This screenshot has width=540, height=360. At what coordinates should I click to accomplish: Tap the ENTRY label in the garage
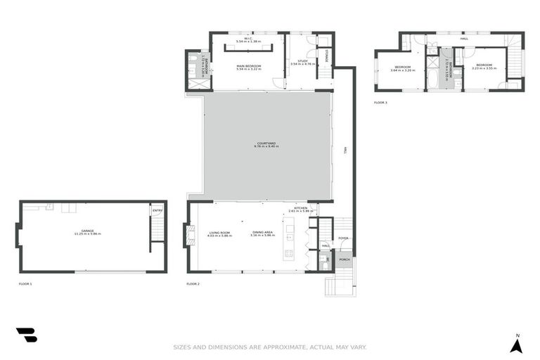point(157,210)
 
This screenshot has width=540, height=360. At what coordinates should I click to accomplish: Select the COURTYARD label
point(266,146)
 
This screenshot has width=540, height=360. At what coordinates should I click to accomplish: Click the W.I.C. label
point(248,40)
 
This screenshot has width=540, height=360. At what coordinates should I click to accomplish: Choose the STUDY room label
point(302,62)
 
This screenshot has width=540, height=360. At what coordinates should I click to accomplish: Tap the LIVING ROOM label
point(219,233)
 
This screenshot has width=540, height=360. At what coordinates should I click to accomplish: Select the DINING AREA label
point(262,233)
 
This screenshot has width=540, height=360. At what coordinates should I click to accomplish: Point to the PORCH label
point(345,259)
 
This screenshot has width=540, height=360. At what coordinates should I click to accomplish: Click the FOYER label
point(343,238)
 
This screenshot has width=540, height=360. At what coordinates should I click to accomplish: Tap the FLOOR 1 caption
point(25,283)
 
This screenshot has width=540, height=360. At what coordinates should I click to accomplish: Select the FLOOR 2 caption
point(193,283)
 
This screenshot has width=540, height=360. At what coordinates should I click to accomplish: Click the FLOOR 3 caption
point(380,103)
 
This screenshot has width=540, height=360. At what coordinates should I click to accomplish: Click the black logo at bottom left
point(27,335)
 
